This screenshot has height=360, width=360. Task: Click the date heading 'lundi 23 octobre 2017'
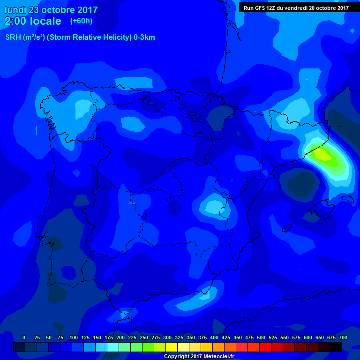[x=51, y=10]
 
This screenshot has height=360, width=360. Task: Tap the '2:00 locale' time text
[x=33, y=21]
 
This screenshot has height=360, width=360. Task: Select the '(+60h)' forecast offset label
[x=82, y=21]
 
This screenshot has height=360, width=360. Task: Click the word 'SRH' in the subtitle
[x=13, y=37]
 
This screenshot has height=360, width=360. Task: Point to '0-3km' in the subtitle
[x=144, y=37]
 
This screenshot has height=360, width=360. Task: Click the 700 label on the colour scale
[x=343, y=337]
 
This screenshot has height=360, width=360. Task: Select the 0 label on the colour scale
[x=24, y=337]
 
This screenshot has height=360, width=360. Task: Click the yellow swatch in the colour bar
[x=172, y=347]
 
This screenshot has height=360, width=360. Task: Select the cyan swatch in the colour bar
[x=113, y=347]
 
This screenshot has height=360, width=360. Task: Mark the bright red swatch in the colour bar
[x=265, y=347]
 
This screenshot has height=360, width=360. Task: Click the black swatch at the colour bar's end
[x=336, y=347]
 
